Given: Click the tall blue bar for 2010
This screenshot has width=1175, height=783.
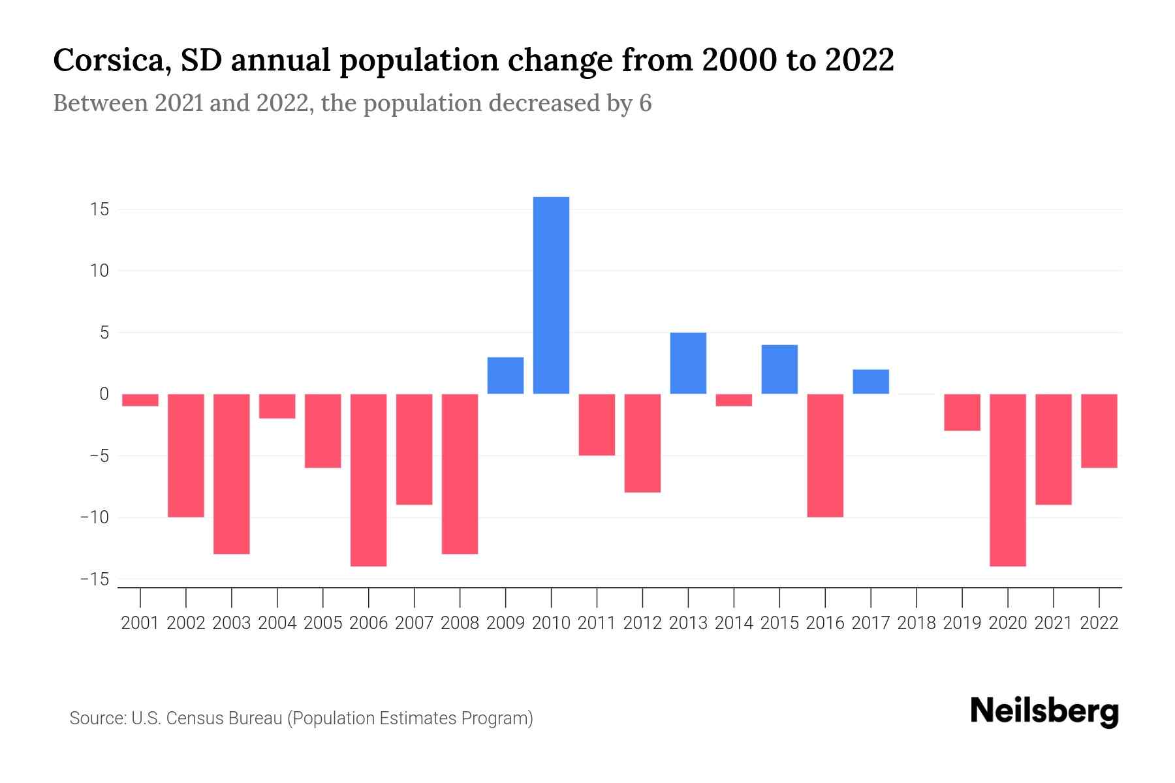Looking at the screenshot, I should click(551, 295).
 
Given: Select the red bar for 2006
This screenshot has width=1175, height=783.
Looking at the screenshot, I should click(368, 480).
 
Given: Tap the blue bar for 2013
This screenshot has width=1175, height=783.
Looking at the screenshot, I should click(688, 363).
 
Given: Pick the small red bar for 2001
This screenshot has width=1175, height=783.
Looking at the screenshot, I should click(140, 400).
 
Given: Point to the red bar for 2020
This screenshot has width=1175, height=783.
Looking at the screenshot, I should click(1007, 480).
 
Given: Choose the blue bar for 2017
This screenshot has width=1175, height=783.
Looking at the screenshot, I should click(870, 382).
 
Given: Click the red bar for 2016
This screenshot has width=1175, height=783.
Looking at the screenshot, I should click(825, 455).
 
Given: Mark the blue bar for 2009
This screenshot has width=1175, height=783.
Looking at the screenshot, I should click(505, 375).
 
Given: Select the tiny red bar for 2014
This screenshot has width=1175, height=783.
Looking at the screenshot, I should click(734, 400).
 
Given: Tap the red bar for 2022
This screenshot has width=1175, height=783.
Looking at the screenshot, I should click(1099, 431).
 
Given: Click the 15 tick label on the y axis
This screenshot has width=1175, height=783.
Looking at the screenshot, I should click(100, 209).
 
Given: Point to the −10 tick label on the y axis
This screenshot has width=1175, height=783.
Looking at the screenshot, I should click(95, 517).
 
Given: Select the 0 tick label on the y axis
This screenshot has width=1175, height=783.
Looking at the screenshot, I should click(104, 394).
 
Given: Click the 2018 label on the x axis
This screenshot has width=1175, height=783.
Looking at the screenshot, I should click(916, 623).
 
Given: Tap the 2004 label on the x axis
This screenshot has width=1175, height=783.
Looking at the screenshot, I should click(277, 623).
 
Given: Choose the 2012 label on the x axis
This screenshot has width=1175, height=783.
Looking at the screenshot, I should click(642, 623).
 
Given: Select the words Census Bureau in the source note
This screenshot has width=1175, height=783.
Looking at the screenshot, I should click(225, 718).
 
